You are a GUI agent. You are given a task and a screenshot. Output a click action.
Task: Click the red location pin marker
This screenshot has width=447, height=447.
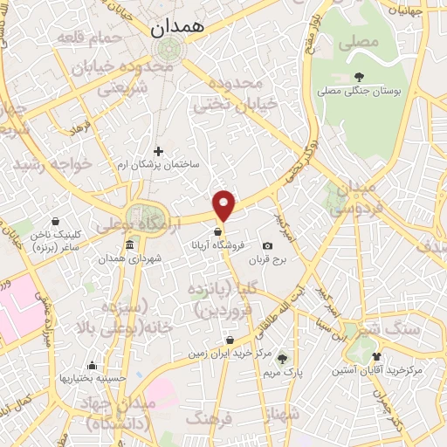(224, 204)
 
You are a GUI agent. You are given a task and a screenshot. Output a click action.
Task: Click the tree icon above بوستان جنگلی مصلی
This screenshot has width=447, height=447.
(359, 76)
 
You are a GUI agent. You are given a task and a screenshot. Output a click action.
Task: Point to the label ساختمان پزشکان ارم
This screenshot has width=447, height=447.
(165, 164)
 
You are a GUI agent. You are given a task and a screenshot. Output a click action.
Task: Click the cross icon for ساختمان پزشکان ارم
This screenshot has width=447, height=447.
(157, 151)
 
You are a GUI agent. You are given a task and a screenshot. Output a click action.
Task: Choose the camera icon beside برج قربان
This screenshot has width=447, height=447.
(266, 246)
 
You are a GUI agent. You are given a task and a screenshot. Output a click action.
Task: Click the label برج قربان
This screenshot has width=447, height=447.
(266, 259)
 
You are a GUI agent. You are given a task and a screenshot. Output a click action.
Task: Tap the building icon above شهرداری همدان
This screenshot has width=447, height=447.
(129, 244)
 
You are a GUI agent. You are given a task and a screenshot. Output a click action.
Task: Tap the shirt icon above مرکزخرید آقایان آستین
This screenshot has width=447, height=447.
(376, 356)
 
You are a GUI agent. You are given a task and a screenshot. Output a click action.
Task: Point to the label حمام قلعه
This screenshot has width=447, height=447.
(90, 38)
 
